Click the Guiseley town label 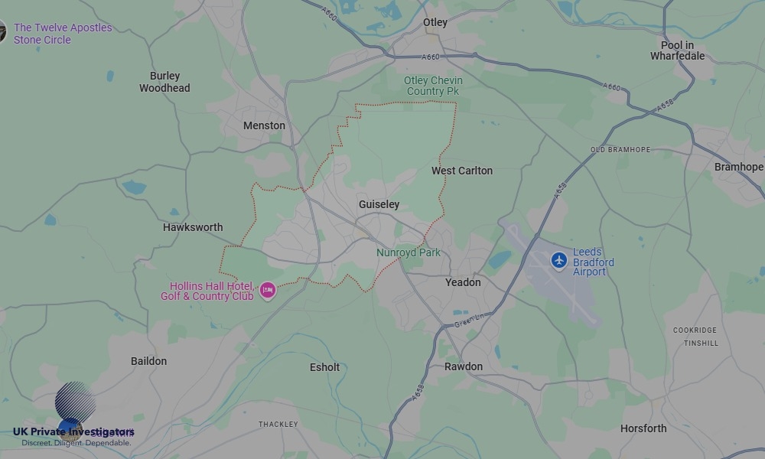pyautogui.click(x=379, y=204)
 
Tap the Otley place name pyautogui.click(x=435, y=23)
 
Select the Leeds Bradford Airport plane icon pyautogui.click(x=559, y=261)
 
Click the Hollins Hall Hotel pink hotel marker pyautogui.click(x=267, y=290)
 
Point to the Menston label pyautogui.click(x=264, y=125)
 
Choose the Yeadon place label pyautogui.click(x=463, y=282)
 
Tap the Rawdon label pyautogui.click(x=464, y=366)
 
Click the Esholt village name pyautogui.click(x=324, y=367)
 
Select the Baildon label pyautogui.click(x=148, y=361)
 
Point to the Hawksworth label pyautogui.click(x=193, y=227)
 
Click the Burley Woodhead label pyautogui.click(x=164, y=82)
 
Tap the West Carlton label pyautogui.click(x=462, y=171)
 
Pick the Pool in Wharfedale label pyautogui.click(x=677, y=50)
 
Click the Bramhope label pyautogui.click(x=738, y=167)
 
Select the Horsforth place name pyautogui.click(x=643, y=428)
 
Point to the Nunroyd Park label pyautogui.click(x=408, y=252)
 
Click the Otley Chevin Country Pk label pyautogui.click(x=433, y=86)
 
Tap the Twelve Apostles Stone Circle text pyautogui.click(x=63, y=34)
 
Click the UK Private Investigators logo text pyautogui.click(x=73, y=432)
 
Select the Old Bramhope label pyautogui.click(x=619, y=150)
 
